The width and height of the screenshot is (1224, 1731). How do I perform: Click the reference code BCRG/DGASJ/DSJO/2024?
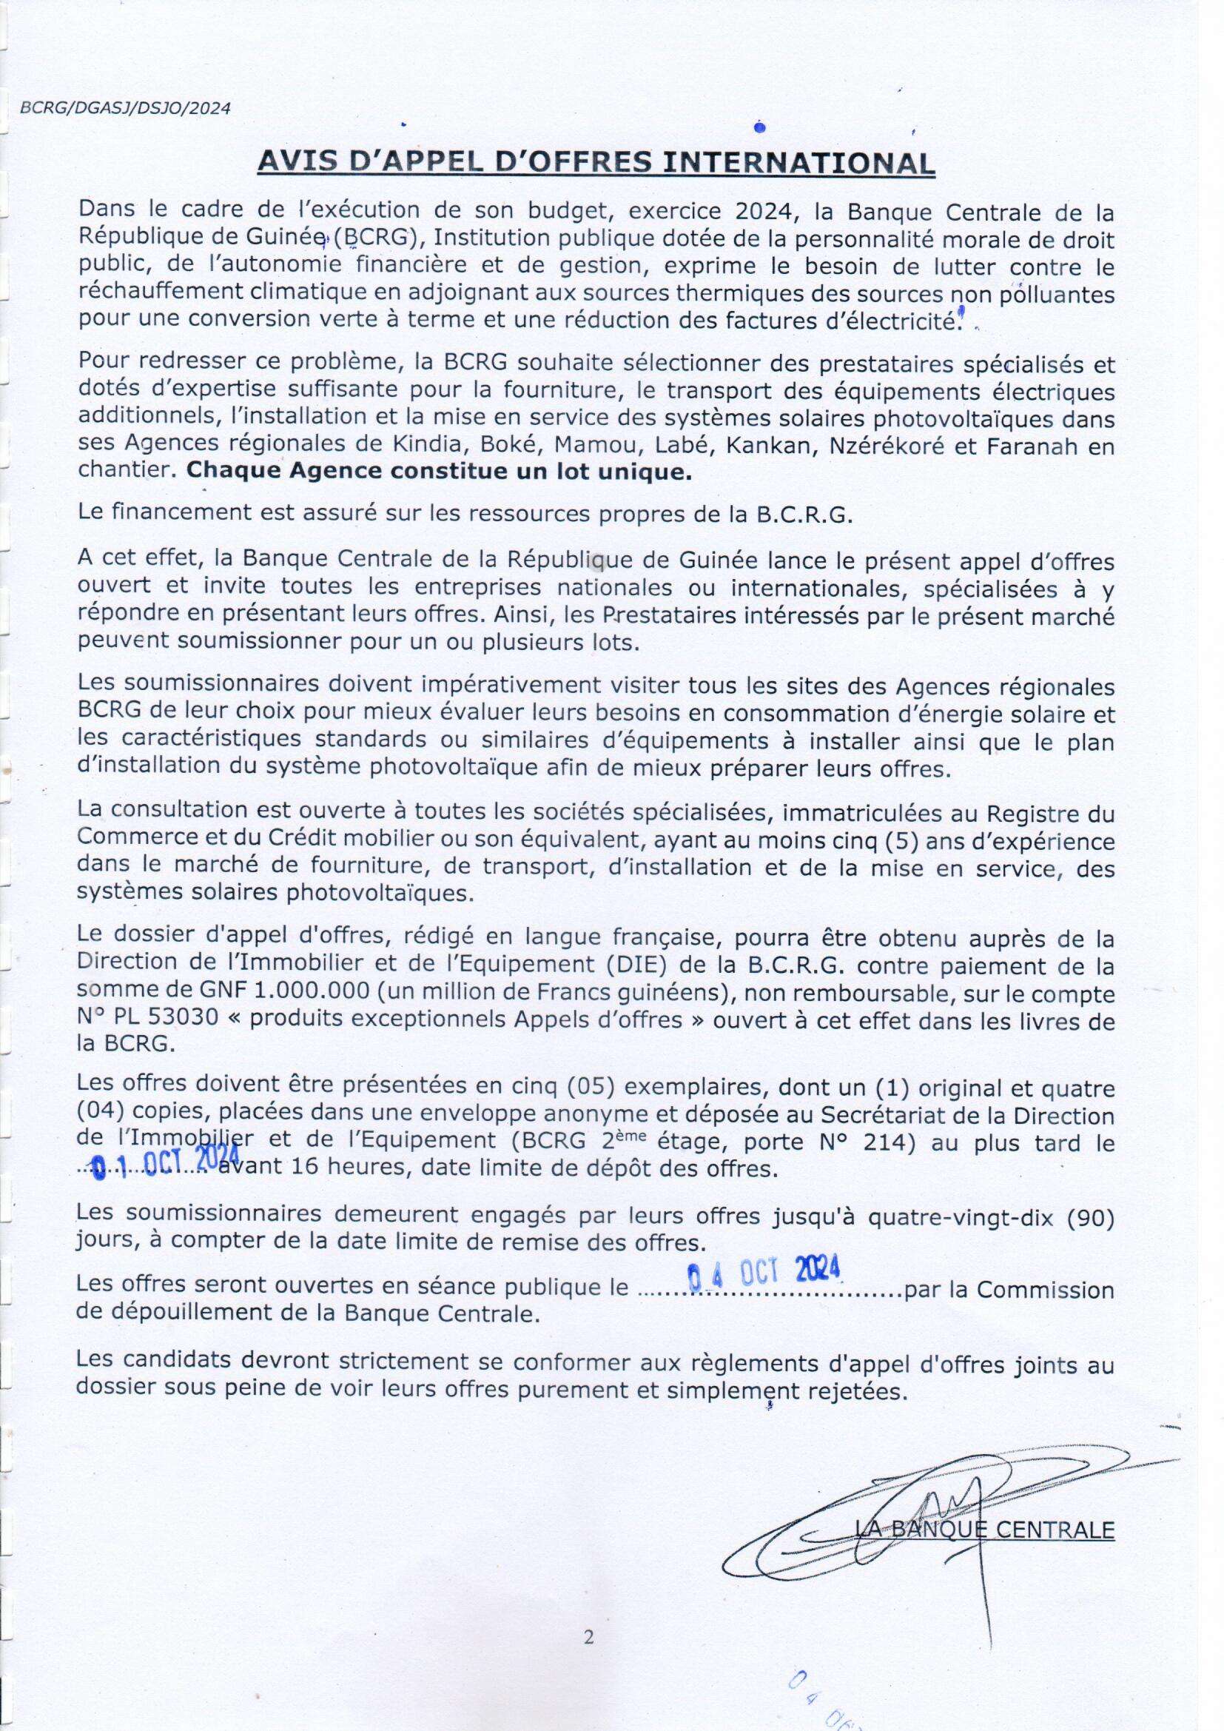(125, 108)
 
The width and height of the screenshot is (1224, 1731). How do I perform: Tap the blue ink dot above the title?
(760, 128)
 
